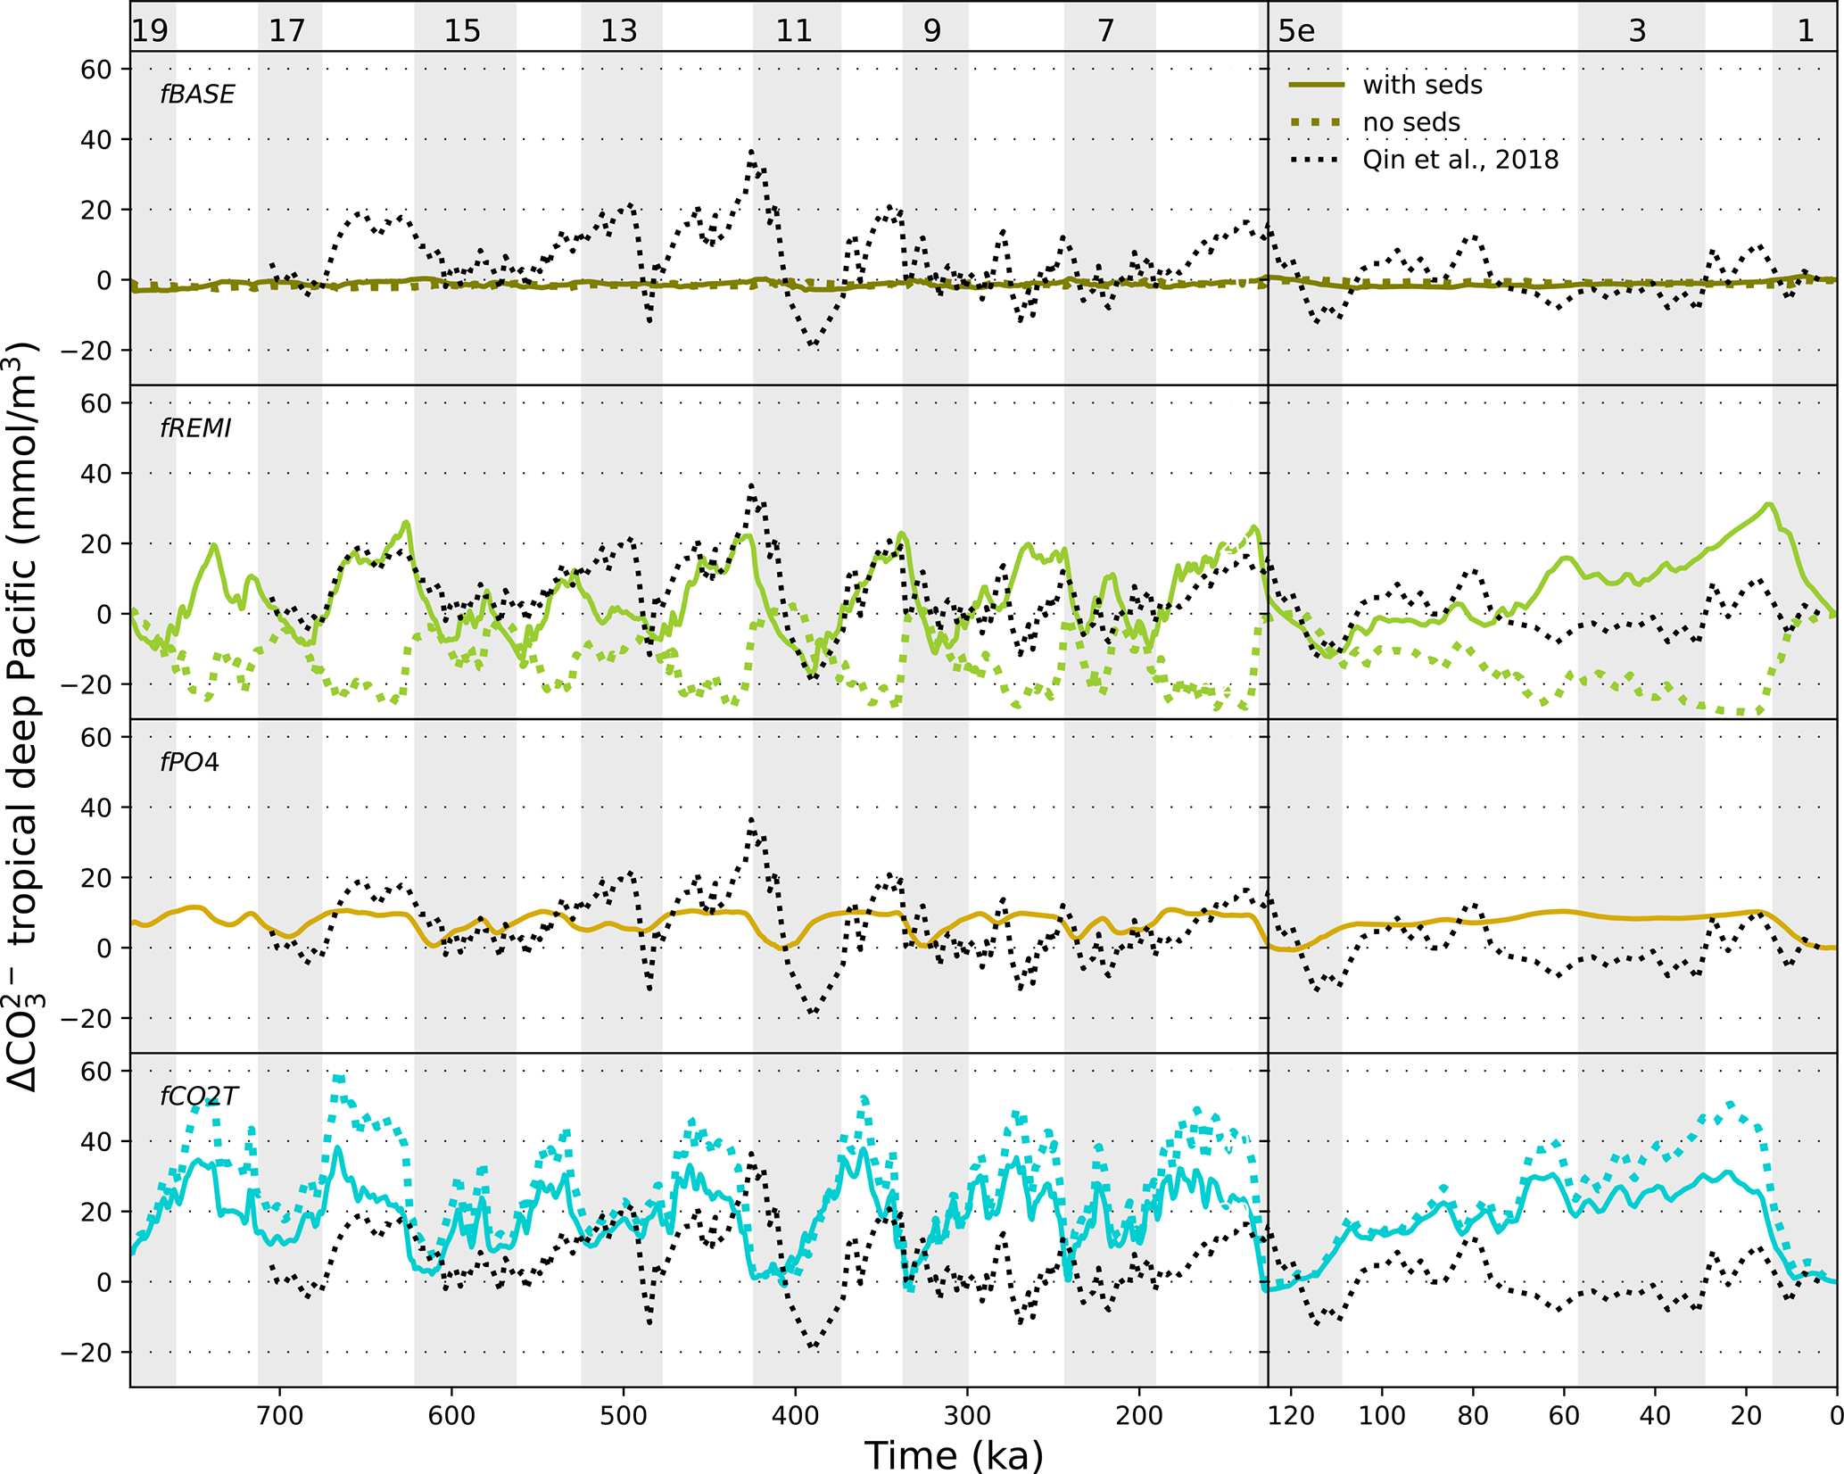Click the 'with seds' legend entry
1422,85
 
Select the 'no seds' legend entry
1410,122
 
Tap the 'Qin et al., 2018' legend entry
1459,160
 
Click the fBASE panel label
197,95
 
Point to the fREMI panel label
195,429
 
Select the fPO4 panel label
189,763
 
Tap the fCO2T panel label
199,1097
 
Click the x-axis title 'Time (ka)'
953,1455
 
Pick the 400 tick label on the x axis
795,1416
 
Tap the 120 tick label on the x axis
1291,1416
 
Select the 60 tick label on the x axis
1564,1416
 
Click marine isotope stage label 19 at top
150,31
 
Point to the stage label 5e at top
1296,31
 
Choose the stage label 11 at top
794,31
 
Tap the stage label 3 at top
1637,31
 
